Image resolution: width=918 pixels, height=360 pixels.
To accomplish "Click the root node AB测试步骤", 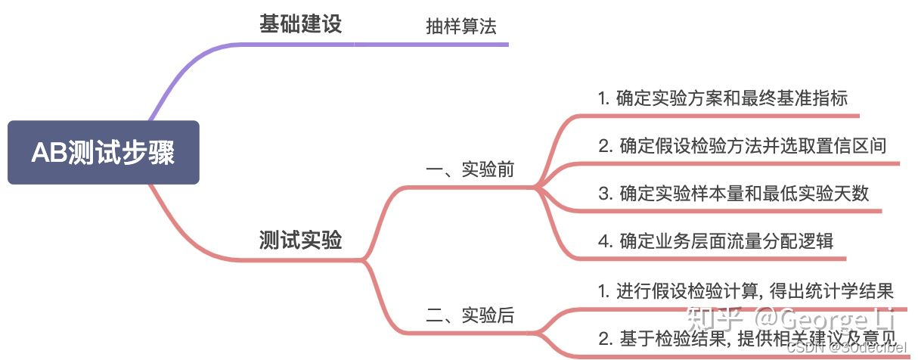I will click(104, 153).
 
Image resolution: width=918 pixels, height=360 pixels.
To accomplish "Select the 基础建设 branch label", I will click(300, 23).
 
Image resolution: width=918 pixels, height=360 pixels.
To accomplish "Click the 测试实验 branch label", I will click(300, 241).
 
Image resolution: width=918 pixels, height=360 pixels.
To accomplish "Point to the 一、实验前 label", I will click(470, 169).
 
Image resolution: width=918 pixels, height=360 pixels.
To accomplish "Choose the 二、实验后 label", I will click(470, 315).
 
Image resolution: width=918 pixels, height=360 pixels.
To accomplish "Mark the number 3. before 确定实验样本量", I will click(604, 194).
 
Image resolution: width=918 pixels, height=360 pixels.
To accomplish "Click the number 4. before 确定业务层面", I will click(604, 241).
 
